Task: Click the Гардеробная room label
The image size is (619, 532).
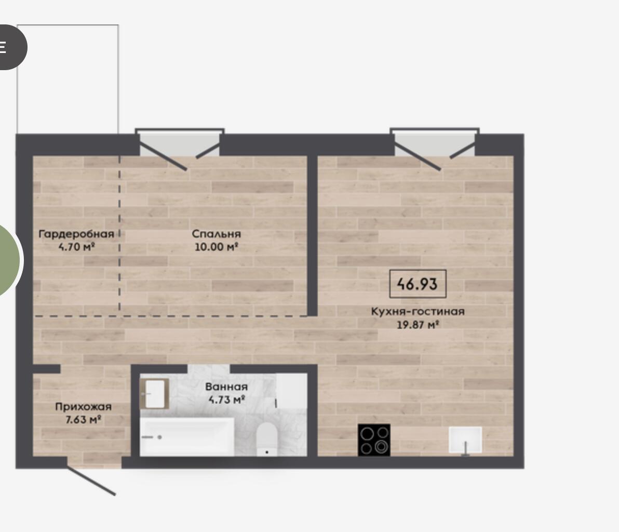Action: [x=76, y=234]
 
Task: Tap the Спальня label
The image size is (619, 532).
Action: [x=217, y=234]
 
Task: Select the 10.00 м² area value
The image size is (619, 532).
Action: [x=216, y=247]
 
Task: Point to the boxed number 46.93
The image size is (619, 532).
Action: [x=418, y=284]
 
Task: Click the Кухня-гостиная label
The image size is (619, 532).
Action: [x=418, y=311]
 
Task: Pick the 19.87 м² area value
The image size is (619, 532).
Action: [x=418, y=325]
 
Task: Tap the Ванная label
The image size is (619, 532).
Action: [x=226, y=387]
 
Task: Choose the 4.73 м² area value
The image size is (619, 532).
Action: [x=226, y=400]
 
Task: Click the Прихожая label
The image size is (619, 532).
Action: [x=83, y=406]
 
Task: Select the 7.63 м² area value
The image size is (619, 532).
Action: [x=83, y=419]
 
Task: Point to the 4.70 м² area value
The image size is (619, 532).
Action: [x=76, y=247]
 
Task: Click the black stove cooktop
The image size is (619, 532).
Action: [x=374, y=440]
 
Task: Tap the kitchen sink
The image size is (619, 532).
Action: [x=465, y=440]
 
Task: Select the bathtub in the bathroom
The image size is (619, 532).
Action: [x=187, y=436]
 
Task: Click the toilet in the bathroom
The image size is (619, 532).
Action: [x=267, y=439]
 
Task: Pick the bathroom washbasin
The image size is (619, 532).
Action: [x=155, y=394]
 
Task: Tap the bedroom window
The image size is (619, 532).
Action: [x=180, y=142]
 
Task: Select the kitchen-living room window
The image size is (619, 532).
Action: [x=435, y=142]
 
